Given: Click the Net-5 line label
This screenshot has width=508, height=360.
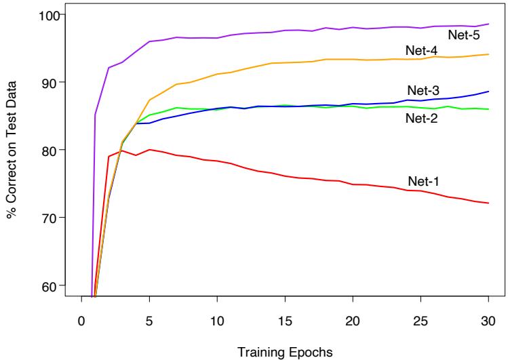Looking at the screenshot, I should pos(462,33).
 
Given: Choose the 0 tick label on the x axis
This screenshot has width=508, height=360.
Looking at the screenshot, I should pos(81,321).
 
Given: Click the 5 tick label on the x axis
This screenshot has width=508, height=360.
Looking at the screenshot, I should pos(149,321).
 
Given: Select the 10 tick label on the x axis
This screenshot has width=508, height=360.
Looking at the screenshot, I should pos(217,321).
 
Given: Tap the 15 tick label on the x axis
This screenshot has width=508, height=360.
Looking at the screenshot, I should pos(285,321).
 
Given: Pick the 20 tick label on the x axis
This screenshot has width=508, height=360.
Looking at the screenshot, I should pos(353,321).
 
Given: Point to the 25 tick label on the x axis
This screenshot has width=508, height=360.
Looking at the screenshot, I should pos(421,321).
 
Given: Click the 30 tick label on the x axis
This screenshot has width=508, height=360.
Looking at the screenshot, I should pos(488,321).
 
